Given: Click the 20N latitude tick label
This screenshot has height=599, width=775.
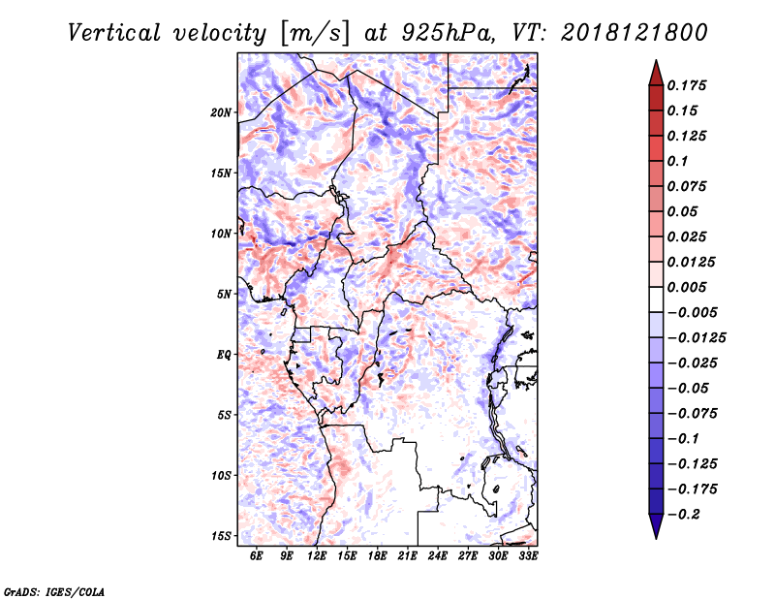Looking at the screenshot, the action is point(221,112).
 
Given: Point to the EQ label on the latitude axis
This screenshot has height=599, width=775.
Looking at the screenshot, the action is point(224,355).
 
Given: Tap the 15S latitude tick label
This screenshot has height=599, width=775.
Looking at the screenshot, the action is point(221,536).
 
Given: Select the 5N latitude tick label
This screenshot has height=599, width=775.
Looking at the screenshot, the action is point(224,295).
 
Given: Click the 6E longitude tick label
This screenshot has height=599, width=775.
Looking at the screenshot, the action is point(256,555).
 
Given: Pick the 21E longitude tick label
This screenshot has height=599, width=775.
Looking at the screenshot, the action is point(407,555).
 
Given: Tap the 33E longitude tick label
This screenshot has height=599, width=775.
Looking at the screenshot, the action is point(528,555).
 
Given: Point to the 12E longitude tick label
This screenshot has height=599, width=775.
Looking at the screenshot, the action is point(317,555).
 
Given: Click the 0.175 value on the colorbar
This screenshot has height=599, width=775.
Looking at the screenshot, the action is point(687,85).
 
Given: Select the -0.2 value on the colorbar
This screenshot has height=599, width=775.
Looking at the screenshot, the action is point(684,515).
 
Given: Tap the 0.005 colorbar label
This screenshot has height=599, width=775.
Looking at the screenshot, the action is point(687,287).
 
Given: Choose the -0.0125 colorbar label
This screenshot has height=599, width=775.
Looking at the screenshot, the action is point(697,338).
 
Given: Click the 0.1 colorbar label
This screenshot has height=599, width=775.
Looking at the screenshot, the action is point(677,161).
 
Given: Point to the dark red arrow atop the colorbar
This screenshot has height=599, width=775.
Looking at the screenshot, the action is point(656,73).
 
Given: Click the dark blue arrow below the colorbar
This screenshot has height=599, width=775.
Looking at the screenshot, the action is point(656,526).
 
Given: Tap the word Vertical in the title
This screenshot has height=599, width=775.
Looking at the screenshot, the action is point(114,33).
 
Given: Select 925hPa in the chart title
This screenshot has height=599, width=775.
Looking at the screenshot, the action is point(449,33).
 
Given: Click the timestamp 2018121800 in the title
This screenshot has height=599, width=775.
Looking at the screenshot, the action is point(635,33).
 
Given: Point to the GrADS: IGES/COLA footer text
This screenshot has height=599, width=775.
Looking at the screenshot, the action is point(54,591).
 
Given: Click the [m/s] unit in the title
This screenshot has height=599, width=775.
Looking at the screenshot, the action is point(315,34).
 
